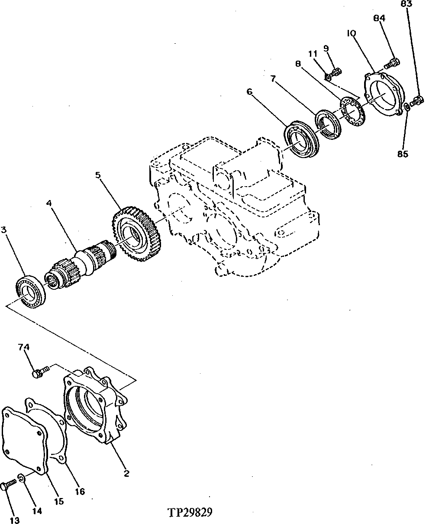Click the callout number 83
click(406, 4)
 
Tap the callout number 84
click(379, 18)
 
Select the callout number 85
click(403, 153)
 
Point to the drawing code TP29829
click(190, 512)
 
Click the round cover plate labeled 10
click(383, 94)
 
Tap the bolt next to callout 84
click(391, 64)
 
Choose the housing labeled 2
click(95, 407)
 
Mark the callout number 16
click(79, 491)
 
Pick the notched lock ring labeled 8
click(353, 110)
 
